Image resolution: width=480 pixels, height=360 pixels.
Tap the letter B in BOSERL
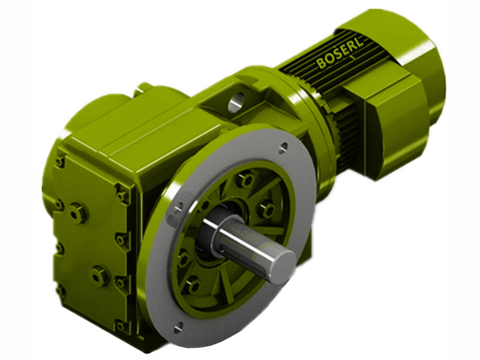click(321, 63)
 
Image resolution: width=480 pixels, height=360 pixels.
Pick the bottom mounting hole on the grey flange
click(178, 327)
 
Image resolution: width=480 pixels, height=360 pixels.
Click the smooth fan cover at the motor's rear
click(420, 66)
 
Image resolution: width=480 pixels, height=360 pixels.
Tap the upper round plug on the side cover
click(77, 212)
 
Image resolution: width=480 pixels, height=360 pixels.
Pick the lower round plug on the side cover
click(98, 275)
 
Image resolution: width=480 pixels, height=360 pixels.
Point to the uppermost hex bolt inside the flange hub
click(244, 179)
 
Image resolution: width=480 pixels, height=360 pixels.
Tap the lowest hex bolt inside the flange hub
click(193, 286)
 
